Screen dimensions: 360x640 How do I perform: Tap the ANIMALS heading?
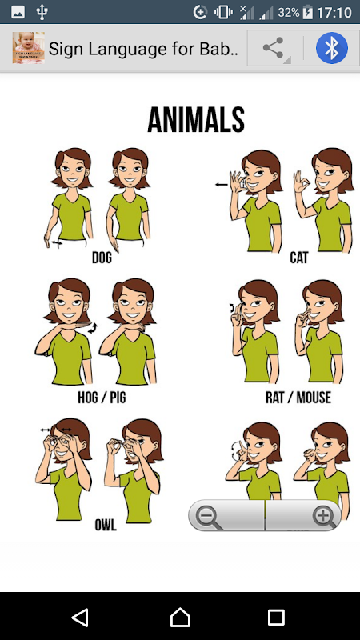point(196,119)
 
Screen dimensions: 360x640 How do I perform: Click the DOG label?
point(102,258)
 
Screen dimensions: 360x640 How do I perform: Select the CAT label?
point(299,258)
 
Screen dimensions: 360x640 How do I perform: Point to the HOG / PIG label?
point(102,397)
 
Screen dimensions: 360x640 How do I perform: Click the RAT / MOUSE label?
point(298,397)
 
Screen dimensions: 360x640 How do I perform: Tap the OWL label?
point(106,525)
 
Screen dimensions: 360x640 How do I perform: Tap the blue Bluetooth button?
point(332,48)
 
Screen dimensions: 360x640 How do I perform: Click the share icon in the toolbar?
point(273,48)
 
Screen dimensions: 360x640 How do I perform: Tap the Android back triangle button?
point(81,617)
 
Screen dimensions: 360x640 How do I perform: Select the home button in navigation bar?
point(180,617)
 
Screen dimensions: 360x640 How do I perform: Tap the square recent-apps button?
point(276,618)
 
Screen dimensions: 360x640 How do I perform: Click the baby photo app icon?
point(29,48)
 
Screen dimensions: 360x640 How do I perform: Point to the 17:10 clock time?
point(334,13)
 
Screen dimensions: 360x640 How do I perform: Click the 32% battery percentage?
point(289,13)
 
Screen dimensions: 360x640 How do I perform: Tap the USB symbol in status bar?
point(42,12)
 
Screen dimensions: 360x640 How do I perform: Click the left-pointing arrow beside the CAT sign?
point(222,185)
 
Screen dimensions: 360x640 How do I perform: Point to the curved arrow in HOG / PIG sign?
point(93,328)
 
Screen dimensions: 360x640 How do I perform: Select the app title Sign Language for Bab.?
point(143,49)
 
